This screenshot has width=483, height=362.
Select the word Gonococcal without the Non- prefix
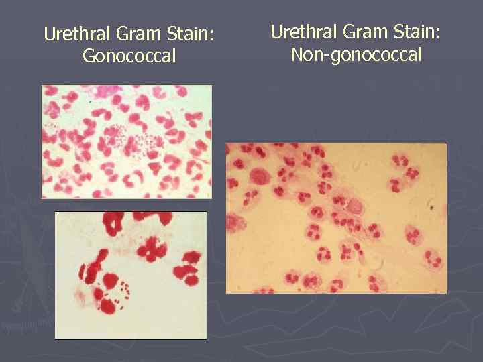129,56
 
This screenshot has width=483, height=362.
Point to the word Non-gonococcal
356,54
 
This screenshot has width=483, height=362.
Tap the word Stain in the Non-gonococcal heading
416,32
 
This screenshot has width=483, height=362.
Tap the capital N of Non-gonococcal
297,54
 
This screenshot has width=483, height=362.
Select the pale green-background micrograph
127,141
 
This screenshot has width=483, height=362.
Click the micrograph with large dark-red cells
131,274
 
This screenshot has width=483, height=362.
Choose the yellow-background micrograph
336,219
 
